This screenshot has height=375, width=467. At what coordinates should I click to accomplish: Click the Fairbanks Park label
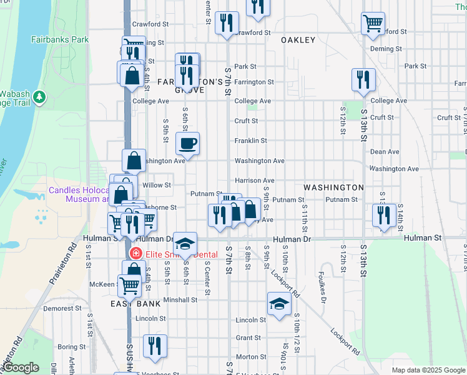click(x=60, y=39)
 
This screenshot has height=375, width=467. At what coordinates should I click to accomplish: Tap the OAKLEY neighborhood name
click(x=298, y=40)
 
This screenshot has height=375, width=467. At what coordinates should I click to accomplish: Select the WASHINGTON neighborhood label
click(x=333, y=187)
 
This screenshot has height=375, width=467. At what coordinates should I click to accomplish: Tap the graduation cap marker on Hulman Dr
click(x=184, y=242)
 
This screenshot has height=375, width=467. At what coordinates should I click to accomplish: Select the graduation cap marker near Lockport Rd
click(x=279, y=304)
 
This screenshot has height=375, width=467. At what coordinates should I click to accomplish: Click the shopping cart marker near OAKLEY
click(x=373, y=23)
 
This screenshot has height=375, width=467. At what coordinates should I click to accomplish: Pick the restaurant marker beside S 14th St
click(x=384, y=214)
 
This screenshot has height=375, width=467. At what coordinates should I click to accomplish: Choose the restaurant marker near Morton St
click(x=154, y=346)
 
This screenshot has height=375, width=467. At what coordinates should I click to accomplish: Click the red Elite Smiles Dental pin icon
click(x=134, y=254)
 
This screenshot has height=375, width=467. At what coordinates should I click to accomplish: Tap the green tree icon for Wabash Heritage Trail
click(x=40, y=97)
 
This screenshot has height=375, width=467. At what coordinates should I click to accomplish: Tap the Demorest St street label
click(x=59, y=308)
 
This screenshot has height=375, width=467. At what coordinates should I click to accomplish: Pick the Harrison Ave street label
click(x=254, y=181)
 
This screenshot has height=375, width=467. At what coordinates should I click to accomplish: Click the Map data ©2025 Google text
click(x=426, y=370)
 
